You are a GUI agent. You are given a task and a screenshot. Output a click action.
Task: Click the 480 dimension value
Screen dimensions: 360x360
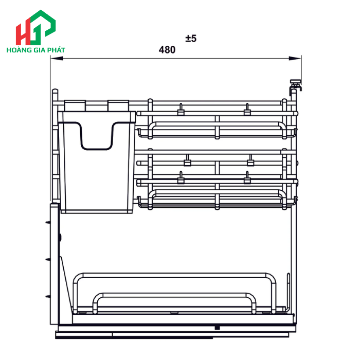pyautogui.click(x=167, y=50)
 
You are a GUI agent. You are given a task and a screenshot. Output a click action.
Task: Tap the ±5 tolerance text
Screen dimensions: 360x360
pyautogui.click(x=191, y=38)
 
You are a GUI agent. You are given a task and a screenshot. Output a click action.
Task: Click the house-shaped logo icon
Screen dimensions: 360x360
pyautogui.click(x=35, y=28)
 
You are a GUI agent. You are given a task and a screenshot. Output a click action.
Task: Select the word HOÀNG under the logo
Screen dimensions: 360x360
pyautogui.click(x=18, y=51)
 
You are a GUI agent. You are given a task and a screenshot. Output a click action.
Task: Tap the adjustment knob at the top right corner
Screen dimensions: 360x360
pyautogui.click(x=295, y=82)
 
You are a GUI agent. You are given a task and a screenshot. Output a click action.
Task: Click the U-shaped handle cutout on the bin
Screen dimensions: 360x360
pyautogui.click(x=97, y=138)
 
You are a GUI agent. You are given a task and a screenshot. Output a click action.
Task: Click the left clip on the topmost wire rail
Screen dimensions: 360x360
pyautogui.click(x=181, y=109)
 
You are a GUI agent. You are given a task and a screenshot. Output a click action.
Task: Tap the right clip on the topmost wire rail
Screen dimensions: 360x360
pyautogui.click(x=247, y=109)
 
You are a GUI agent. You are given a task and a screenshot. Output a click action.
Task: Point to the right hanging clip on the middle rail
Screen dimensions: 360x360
pyautogui.click(x=250, y=162)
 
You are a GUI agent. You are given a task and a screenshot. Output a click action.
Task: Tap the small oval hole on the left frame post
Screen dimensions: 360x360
pyautogui.click(x=60, y=238)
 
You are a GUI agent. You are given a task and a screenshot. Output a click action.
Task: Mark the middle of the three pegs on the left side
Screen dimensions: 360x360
pyautogui.click(x=48, y=259)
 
